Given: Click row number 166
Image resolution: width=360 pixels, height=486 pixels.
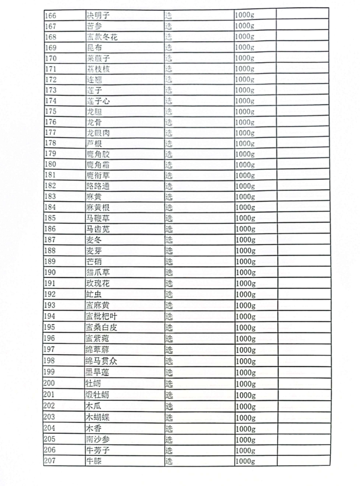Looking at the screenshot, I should coord(51,15).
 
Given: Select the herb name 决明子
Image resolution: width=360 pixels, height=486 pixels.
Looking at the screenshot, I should coord(98,15).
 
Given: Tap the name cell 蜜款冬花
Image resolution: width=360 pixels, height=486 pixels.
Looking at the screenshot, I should coord(102,37).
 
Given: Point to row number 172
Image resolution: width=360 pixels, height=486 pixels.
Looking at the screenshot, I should coord(51,79).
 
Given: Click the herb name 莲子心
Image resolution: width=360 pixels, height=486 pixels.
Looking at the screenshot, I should coord(98,101).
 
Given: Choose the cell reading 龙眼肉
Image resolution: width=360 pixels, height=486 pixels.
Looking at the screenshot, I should coord(98,133).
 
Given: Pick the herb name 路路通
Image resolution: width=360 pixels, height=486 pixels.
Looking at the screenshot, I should coord(98,186).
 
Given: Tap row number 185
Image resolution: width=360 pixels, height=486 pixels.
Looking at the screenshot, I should coord(51,218).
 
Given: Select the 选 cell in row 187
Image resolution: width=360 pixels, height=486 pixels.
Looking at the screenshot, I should coord(169,240).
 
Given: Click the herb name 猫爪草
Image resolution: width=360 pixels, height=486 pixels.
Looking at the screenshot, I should coord(98,272).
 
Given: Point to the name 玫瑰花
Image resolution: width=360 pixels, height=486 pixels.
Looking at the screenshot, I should coord(98,283).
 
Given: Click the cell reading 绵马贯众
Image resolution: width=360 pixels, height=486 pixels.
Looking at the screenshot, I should coord(102,361).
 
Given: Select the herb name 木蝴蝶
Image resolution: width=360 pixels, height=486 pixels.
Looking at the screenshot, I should coord(98,417).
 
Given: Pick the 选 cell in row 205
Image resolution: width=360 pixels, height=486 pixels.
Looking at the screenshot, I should coord(169,439).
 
